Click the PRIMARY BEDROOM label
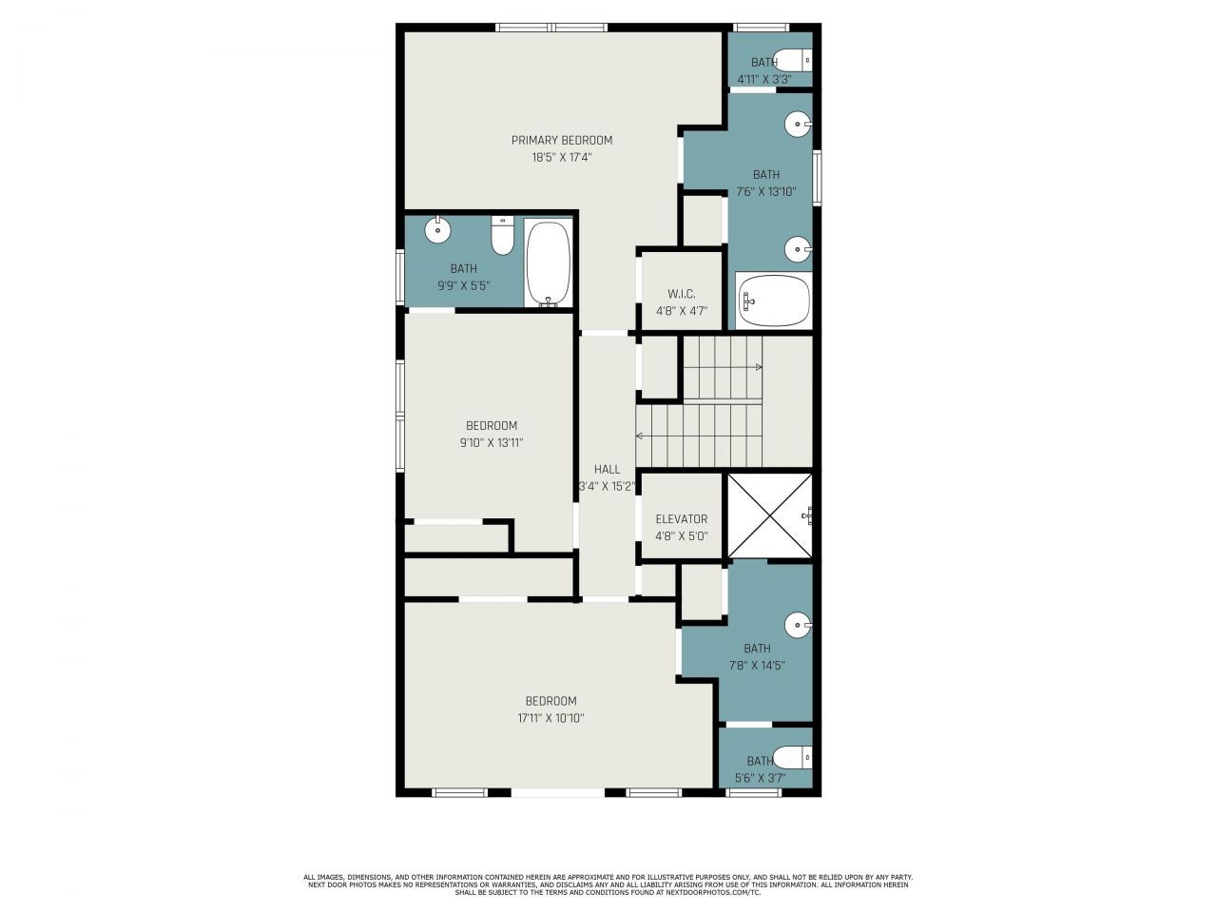(x=562, y=140)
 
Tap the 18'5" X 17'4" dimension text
(x=562, y=158)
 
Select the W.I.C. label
(x=682, y=294)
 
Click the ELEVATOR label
(x=682, y=519)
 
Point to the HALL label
(x=608, y=470)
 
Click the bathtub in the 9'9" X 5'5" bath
(x=549, y=263)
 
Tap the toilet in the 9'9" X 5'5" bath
(x=502, y=236)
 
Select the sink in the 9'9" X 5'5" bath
(x=437, y=229)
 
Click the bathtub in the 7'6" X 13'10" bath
(x=774, y=300)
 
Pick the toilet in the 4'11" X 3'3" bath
(x=793, y=60)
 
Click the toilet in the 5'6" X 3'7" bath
(x=793, y=757)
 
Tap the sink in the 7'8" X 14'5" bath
(x=799, y=625)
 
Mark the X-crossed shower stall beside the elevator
(x=769, y=515)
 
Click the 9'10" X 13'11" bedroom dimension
(x=492, y=443)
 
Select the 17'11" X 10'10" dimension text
(x=551, y=718)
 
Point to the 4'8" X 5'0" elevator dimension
(x=682, y=536)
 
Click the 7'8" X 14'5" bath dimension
(x=757, y=665)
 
